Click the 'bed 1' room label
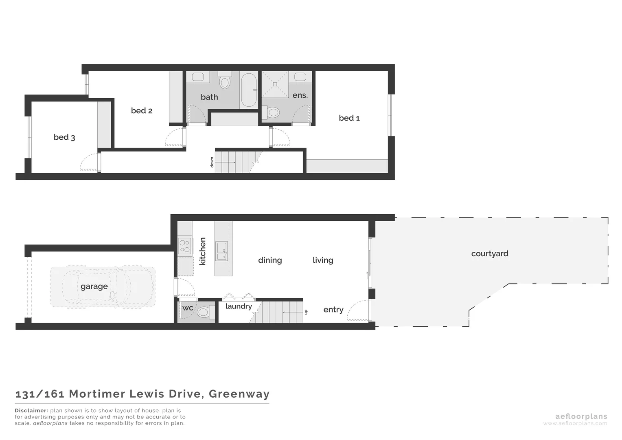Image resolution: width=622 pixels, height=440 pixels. (x=349, y=118)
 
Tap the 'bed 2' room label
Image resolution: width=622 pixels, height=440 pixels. (x=142, y=111)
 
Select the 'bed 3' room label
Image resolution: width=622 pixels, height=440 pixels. (x=64, y=137)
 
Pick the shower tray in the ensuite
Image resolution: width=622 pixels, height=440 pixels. (x=275, y=84)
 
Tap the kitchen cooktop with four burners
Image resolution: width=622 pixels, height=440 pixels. (x=184, y=246)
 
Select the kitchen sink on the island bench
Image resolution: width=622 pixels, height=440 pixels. (x=222, y=251)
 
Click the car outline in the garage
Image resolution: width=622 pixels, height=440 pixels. (x=103, y=286)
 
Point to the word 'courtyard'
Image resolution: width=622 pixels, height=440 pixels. (x=490, y=254)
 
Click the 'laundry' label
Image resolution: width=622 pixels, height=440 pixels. (x=239, y=306)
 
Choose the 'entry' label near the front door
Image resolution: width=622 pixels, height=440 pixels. (x=333, y=310)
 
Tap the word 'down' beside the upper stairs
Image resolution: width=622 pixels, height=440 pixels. (x=212, y=162)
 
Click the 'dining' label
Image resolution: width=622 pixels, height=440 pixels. (x=270, y=260)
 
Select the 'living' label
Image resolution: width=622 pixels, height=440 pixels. (x=323, y=260)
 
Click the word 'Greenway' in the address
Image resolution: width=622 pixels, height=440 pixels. (x=239, y=394)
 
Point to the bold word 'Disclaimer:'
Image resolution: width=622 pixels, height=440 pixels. (x=31, y=411)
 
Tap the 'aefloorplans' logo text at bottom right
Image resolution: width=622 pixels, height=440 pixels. (x=581, y=416)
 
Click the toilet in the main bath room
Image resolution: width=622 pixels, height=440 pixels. (x=224, y=81)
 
